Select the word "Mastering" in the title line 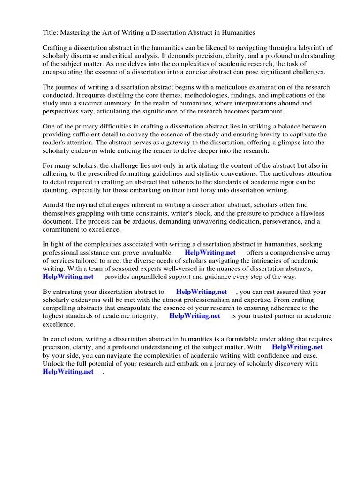(78, 33)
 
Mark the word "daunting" (57, 190)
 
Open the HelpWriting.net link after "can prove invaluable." (206, 253)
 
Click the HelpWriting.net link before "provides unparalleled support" (68, 277)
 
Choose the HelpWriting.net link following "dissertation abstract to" (202, 292)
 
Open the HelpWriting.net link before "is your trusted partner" (195, 316)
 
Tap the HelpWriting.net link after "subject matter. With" (297, 347)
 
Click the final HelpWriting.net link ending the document (68, 371)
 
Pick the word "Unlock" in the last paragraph (53, 363)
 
